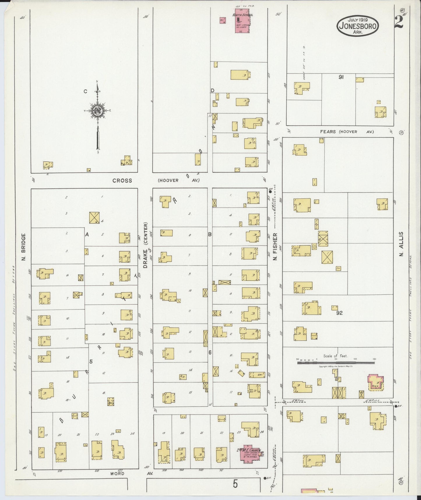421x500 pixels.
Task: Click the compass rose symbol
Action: click(97, 110)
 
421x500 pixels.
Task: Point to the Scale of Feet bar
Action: click(336, 363)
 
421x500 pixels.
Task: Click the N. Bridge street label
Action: click(24, 247)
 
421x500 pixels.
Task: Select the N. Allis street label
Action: click(401, 244)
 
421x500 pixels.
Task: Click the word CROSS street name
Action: click(122, 181)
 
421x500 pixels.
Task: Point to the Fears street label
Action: click(328, 132)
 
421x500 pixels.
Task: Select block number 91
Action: click(341, 77)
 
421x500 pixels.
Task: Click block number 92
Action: click(339, 313)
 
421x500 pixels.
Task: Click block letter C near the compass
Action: click(85, 92)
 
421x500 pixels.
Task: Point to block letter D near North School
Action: click(212, 91)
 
